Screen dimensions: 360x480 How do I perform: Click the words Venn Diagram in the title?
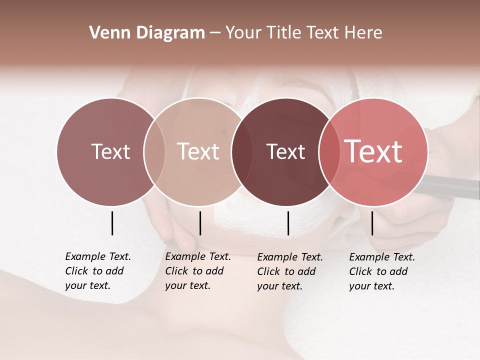click(x=147, y=33)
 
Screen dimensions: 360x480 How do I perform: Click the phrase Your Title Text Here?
click(x=303, y=33)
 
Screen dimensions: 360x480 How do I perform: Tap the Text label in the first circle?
click(x=110, y=151)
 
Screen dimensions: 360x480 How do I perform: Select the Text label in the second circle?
click(x=198, y=151)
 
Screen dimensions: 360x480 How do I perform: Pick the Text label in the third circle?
click(x=285, y=151)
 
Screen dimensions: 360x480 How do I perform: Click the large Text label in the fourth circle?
click(x=373, y=151)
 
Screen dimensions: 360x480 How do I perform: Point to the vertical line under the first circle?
click(x=112, y=223)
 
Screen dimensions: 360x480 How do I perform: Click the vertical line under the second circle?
click(x=200, y=223)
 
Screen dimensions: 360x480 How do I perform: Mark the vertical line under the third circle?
click(x=288, y=223)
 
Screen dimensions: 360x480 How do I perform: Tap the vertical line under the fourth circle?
click(x=372, y=223)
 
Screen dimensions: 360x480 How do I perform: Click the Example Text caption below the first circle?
click(x=98, y=271)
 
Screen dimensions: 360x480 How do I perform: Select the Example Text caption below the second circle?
click(x=198, y=271)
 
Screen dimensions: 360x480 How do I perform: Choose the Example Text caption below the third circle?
click(x=290, y=271)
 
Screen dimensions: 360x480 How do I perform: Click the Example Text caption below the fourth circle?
click(x=382, y=271)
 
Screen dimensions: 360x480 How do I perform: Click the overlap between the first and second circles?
click(x=154, y=151)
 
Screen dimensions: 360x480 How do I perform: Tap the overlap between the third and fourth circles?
click(x=328, y=151)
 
